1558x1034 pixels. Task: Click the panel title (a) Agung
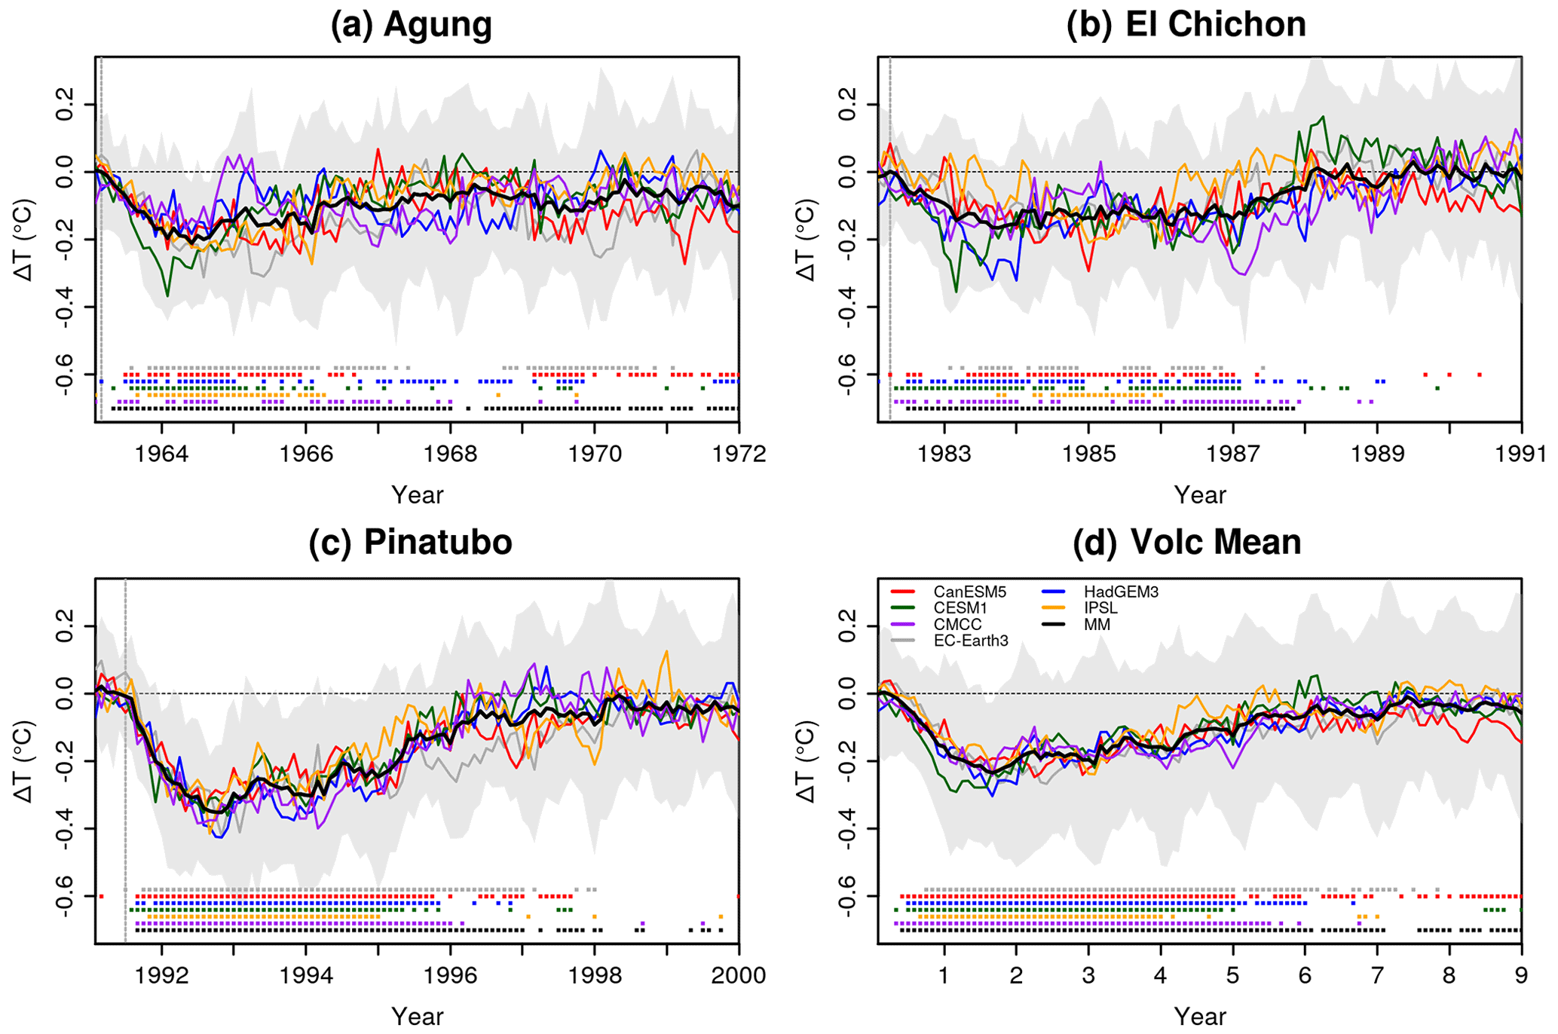click(x=412, y=24)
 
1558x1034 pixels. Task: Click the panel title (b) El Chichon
click(x=1186, y=24)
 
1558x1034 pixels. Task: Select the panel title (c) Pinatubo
click(x=411, y=542)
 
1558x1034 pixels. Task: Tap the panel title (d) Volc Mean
click(x=1187, y=542)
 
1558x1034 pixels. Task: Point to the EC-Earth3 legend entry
click(x=970, y=641)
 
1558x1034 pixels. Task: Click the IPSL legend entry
click(x=1101, y=608)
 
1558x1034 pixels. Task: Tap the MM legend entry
click(x=1097, y=625)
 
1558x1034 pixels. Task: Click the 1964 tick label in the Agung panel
click(x=161, y=454)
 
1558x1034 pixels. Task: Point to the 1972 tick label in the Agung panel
click(x=739, y=454)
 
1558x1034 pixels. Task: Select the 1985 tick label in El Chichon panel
click(x=1088, y=454)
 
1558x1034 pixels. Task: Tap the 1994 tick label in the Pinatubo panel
click(x=305, y=976)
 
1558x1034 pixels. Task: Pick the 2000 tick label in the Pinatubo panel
click(x=739, y=976)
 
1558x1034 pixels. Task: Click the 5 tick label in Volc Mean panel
click(x=1232, y=976)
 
